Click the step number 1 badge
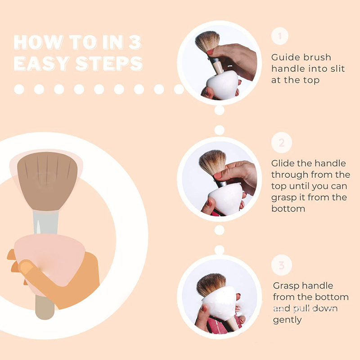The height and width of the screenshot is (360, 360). pos(279,36)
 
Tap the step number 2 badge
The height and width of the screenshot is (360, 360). pos(282,143)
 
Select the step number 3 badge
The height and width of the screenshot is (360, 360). pos(282,265)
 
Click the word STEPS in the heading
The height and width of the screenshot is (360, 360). pos(109,63)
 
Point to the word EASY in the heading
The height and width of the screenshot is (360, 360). pos(41,63)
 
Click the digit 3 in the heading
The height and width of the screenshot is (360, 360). pos(135,42)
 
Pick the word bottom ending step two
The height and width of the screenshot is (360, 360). pos(288,209)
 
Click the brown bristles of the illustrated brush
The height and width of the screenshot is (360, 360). pos(47,180)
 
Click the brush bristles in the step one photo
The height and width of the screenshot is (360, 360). pos(207,40)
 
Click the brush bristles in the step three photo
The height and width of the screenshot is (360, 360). pos(210,284)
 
